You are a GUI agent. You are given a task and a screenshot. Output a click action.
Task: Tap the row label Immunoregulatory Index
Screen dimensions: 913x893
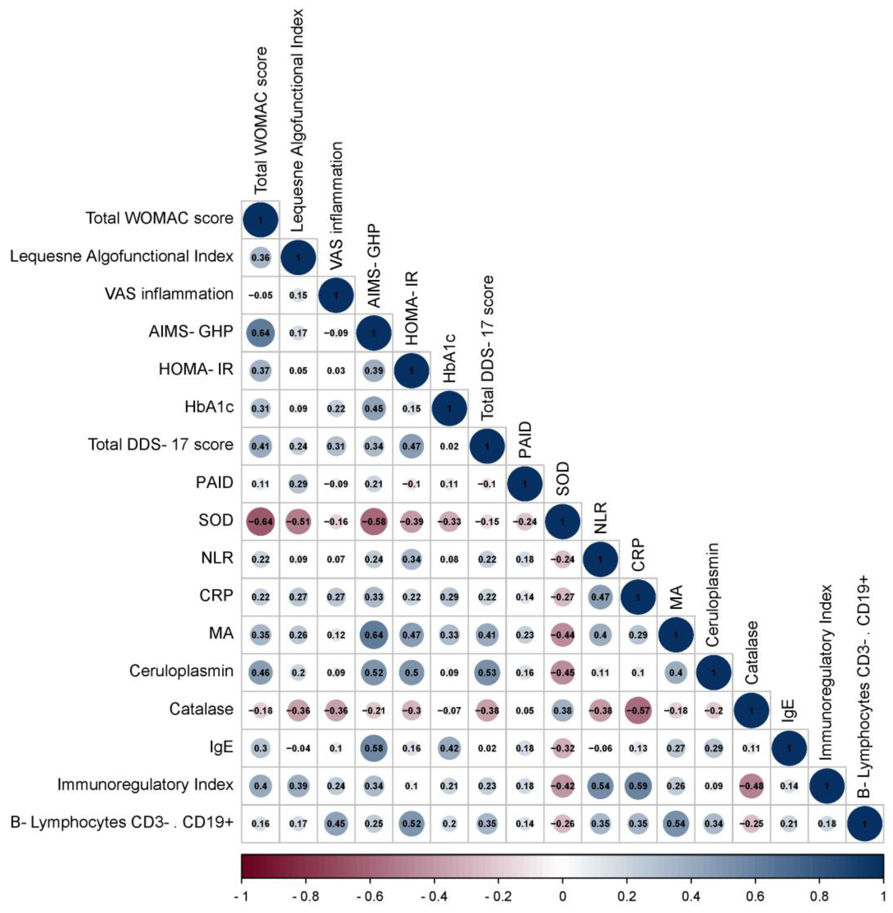(145, 784)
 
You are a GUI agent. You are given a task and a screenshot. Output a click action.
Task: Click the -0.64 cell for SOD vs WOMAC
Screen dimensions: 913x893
(260, 521)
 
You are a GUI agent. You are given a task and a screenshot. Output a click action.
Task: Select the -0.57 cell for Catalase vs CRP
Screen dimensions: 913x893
(638, 710)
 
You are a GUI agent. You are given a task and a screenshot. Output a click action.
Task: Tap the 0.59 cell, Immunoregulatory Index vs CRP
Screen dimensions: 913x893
(638, 786)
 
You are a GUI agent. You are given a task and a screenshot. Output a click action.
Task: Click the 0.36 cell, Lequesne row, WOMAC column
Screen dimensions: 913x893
(260, 257)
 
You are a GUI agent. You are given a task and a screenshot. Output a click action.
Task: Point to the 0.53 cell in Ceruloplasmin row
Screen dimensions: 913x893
(487, 672)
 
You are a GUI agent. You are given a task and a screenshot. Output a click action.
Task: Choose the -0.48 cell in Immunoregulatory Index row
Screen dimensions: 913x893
(751, 786)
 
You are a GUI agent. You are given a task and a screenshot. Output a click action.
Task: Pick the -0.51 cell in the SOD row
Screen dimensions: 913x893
(298, 521)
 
